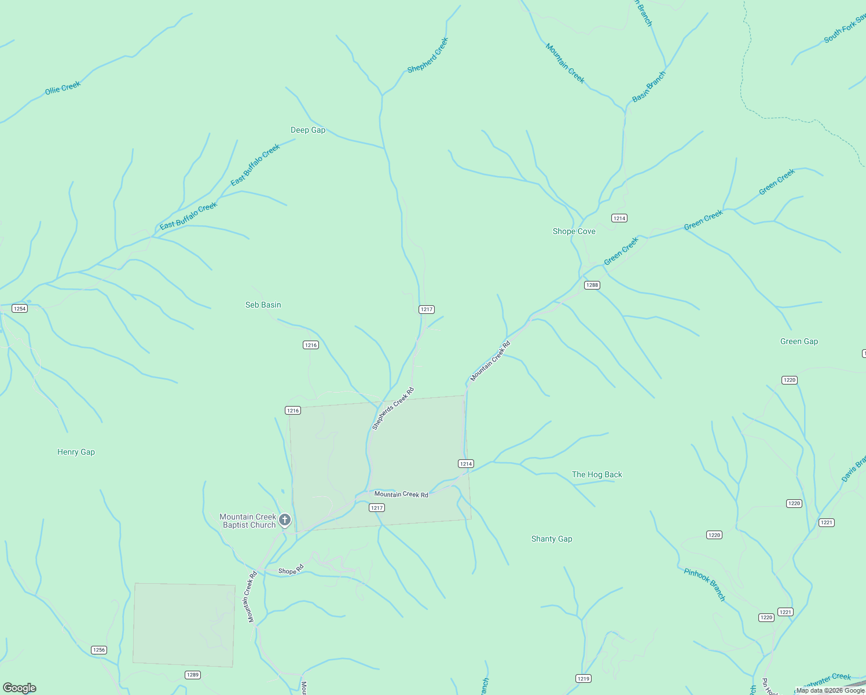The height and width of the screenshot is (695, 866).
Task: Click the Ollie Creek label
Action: click(x=63, y=88)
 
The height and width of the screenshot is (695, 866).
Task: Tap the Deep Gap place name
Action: click(x=308, y=130)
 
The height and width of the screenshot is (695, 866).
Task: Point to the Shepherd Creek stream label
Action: click(x=428, y=56)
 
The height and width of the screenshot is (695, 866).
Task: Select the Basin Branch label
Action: click(x=649, y=87)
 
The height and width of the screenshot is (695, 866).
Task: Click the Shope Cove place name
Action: click(x=574, y=231)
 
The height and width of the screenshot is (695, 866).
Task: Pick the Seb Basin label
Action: click(x=263, y=305)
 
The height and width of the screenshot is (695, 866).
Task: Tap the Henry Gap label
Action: click(x=76, y=452)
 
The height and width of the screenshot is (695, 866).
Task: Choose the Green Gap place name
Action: click(x=799, y=341)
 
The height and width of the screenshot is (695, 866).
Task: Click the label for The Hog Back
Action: click(x=597, y=474)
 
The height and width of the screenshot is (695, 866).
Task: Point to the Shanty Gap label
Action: click(x=552, y=539)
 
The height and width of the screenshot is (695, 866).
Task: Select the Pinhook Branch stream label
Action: click(x=704, y=584)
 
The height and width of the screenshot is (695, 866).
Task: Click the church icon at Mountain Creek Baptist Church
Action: click(x=285, y=520)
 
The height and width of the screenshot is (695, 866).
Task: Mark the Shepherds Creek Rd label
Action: click(x=393, y=408)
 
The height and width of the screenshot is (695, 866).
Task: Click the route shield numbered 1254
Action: click(x=20, y=308)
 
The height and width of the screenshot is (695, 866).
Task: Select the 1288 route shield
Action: click(x=592, y=285)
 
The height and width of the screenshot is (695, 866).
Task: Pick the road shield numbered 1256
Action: click(x=99, y=650)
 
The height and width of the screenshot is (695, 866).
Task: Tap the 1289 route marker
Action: click(x=193, y=675)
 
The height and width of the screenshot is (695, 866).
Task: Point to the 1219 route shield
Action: click(x=583, y=678)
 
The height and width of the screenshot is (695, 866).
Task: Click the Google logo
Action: click(x=20, y=688)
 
